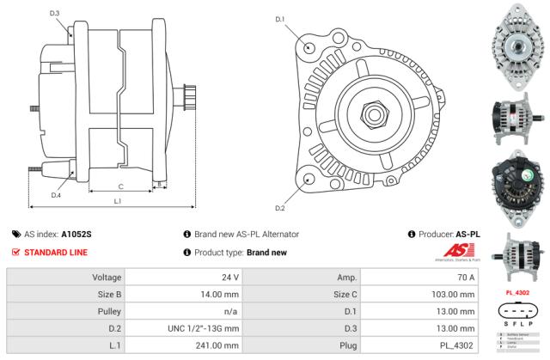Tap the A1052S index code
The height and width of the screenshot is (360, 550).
tap(76, 234)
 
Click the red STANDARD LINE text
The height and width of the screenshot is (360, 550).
tap(55, 253)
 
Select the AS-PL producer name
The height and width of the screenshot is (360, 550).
tap(467, 234)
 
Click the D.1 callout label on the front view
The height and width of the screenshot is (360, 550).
tap(279, 19)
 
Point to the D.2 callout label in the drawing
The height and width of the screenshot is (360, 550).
tap(279, 208)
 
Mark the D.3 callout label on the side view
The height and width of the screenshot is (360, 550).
tap(55, 14)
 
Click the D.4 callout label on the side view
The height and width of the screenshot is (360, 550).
tap(55, 195)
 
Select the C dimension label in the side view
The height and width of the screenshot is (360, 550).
tap(120, 186)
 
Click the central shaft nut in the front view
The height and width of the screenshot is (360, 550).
tap(375, 112)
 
